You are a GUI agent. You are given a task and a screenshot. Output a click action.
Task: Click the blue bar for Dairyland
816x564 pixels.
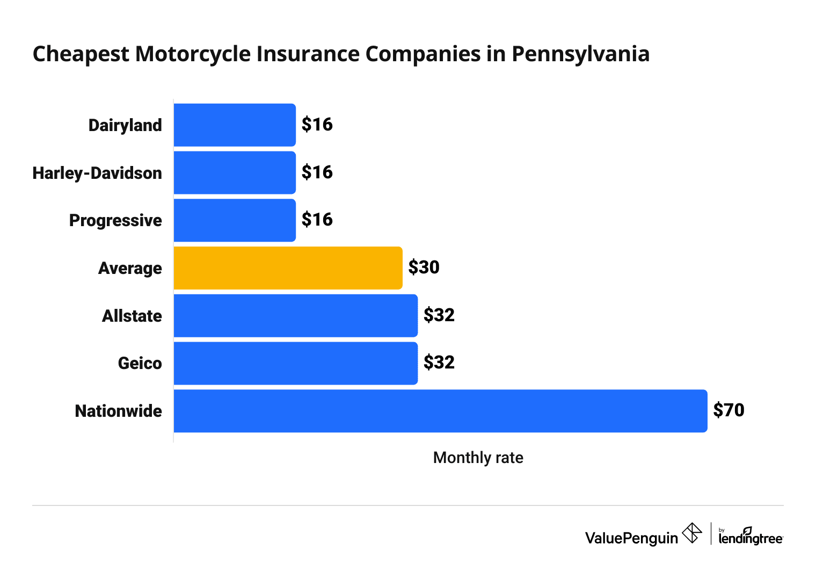click(x=235, y=125)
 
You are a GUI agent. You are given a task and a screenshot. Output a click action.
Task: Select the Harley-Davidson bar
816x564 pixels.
click(x=235, y=172)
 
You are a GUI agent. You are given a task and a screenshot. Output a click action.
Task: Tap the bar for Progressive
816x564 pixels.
click(x=235, y=220)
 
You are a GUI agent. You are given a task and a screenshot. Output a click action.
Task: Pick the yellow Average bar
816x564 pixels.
click(x=288, y=268)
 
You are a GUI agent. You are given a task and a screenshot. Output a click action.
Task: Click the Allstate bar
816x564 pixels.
click(x=295, y=315)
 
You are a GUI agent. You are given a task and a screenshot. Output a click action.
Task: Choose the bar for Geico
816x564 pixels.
click(x=295, y=363)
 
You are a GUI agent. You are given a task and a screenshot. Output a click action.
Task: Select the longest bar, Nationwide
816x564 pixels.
click(x=440, y=411)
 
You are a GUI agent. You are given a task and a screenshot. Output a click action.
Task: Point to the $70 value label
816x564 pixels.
click(x=728, y=410)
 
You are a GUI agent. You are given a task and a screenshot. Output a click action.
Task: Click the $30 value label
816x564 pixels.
click(x=424, y=267)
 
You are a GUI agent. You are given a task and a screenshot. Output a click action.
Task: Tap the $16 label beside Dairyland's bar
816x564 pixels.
click(x=317, y=125)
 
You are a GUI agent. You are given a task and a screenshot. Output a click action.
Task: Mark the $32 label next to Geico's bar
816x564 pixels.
click(x=439, y=363)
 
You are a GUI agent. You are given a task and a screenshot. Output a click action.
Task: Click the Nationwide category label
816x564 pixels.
click(x=118, y=411)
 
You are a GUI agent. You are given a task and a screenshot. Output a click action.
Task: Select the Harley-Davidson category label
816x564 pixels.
click(x=97, y=173)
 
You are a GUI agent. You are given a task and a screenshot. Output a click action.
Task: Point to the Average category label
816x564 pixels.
click(x=130, y=268)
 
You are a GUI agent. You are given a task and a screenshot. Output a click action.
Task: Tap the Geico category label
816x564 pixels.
click(x=140, y=364)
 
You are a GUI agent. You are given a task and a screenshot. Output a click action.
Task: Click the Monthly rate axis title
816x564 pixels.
click(x=478, y=458)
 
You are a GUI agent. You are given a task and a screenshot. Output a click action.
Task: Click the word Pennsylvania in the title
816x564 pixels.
click(x=580, y=54)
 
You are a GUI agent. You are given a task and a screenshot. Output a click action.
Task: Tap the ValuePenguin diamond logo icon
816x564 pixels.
click(x=691, y=533)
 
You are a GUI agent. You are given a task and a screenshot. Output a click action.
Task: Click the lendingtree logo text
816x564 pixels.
click(x=751, y=538)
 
